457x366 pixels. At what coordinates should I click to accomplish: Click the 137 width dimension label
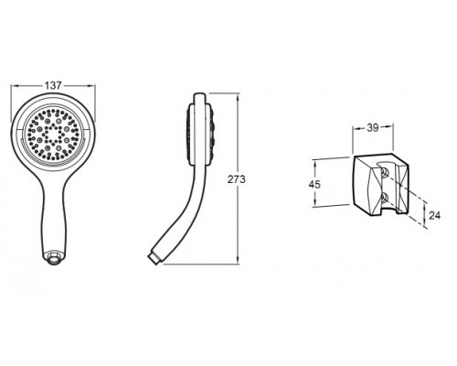53,86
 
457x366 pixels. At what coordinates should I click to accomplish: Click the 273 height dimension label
237,179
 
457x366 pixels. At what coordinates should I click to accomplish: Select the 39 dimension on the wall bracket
372,128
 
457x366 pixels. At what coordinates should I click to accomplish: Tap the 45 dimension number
314,185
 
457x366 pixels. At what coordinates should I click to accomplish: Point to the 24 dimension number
434,215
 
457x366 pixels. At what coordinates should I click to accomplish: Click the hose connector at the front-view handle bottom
54,256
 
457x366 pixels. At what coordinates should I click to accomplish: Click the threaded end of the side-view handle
154,258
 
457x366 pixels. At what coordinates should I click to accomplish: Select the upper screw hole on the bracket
385,173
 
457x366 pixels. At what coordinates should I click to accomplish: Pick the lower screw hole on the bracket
385,198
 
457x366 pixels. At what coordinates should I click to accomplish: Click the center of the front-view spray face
53,134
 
